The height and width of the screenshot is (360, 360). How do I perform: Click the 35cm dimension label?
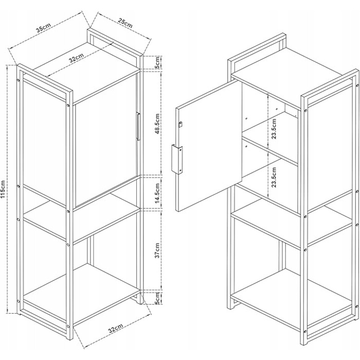tap(43, 27)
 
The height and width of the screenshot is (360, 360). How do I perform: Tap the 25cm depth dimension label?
tap(125, 23)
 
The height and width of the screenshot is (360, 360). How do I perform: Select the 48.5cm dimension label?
tap(157, 124)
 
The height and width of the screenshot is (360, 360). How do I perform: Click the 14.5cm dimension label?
tap(157, 193)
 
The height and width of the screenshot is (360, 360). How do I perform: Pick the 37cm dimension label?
tap(157, 250)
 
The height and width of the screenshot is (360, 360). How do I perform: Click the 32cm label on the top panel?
tap(77, 58)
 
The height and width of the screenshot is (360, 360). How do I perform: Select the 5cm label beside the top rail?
tap(157, 62)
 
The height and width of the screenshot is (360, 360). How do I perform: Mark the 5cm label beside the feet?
tap(157, 298)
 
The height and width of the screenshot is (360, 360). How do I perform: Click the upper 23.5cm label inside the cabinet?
tap(274, 129)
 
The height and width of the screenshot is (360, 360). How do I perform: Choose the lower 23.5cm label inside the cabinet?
tap(274, 177)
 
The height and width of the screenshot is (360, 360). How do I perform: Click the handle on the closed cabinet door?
tap(138, 127)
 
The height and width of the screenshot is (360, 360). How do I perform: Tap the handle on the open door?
tap(177, 159)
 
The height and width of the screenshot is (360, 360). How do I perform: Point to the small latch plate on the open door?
tap(181, 124)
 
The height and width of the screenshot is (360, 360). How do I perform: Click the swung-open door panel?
tap(208, 145)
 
